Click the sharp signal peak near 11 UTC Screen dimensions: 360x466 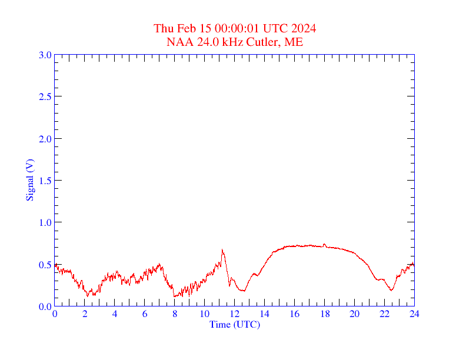[x=222, y=249]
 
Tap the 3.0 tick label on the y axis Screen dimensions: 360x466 [x=45, y=55]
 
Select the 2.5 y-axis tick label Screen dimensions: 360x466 [x=45, y=96]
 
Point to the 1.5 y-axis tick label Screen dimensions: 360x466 [x=45, y=181]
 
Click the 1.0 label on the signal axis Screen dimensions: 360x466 [x=45, y=222]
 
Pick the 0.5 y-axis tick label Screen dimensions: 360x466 [x=45, y=265]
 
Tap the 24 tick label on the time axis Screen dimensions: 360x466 [x=414, y=314]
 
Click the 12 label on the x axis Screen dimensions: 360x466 [x=235, y=314]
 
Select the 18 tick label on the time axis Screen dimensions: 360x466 [x=324, y=314]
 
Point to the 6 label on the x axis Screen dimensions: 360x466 [x=145, y=314]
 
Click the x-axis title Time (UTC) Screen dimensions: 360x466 [x=235, y=324]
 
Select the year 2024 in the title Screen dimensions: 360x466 [x=305, y=28]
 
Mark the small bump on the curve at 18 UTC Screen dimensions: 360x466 [x=324, y=244]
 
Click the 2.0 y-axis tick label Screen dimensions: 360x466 [x=45, y=139]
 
